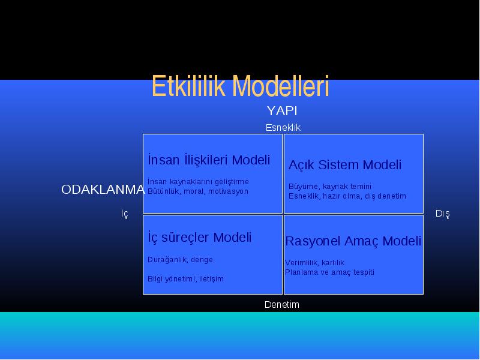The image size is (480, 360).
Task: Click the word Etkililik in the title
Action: [x=188, y=86]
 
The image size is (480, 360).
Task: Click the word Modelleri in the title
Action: [x=280, y=86]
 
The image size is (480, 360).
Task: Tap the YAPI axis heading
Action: [x=282, y=111]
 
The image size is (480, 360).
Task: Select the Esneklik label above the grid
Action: [x=283, y=127]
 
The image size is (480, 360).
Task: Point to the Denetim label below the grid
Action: [x=281, y=304]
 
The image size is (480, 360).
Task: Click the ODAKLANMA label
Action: [x=103, y=190]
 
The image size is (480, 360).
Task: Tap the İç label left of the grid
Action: [x=125, y=214]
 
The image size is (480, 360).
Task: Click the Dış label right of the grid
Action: [x=443, y=214]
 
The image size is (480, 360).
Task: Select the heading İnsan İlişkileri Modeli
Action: [x=209, y=160]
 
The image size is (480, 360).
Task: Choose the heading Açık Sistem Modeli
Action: [x=344, y=164]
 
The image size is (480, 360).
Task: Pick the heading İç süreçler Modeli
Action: [x=199, y=237]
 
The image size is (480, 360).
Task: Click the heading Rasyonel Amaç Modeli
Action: [x=353, y=241]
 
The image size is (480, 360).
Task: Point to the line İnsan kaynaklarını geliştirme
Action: [x=198, y=182]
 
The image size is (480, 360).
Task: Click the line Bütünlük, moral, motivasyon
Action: [x=198, y=191]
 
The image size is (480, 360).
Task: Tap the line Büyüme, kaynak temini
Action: [x=329, y=187]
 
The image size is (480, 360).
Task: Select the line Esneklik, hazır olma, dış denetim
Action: [x=347, y=196]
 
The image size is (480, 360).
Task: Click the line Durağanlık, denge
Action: [x=180, y=260]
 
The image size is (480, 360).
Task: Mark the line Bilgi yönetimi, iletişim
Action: [x=185, y=279]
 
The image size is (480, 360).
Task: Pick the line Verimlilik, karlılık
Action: [x=314, y=263]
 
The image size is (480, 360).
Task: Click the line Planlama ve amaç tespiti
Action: [x=329, y=272]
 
